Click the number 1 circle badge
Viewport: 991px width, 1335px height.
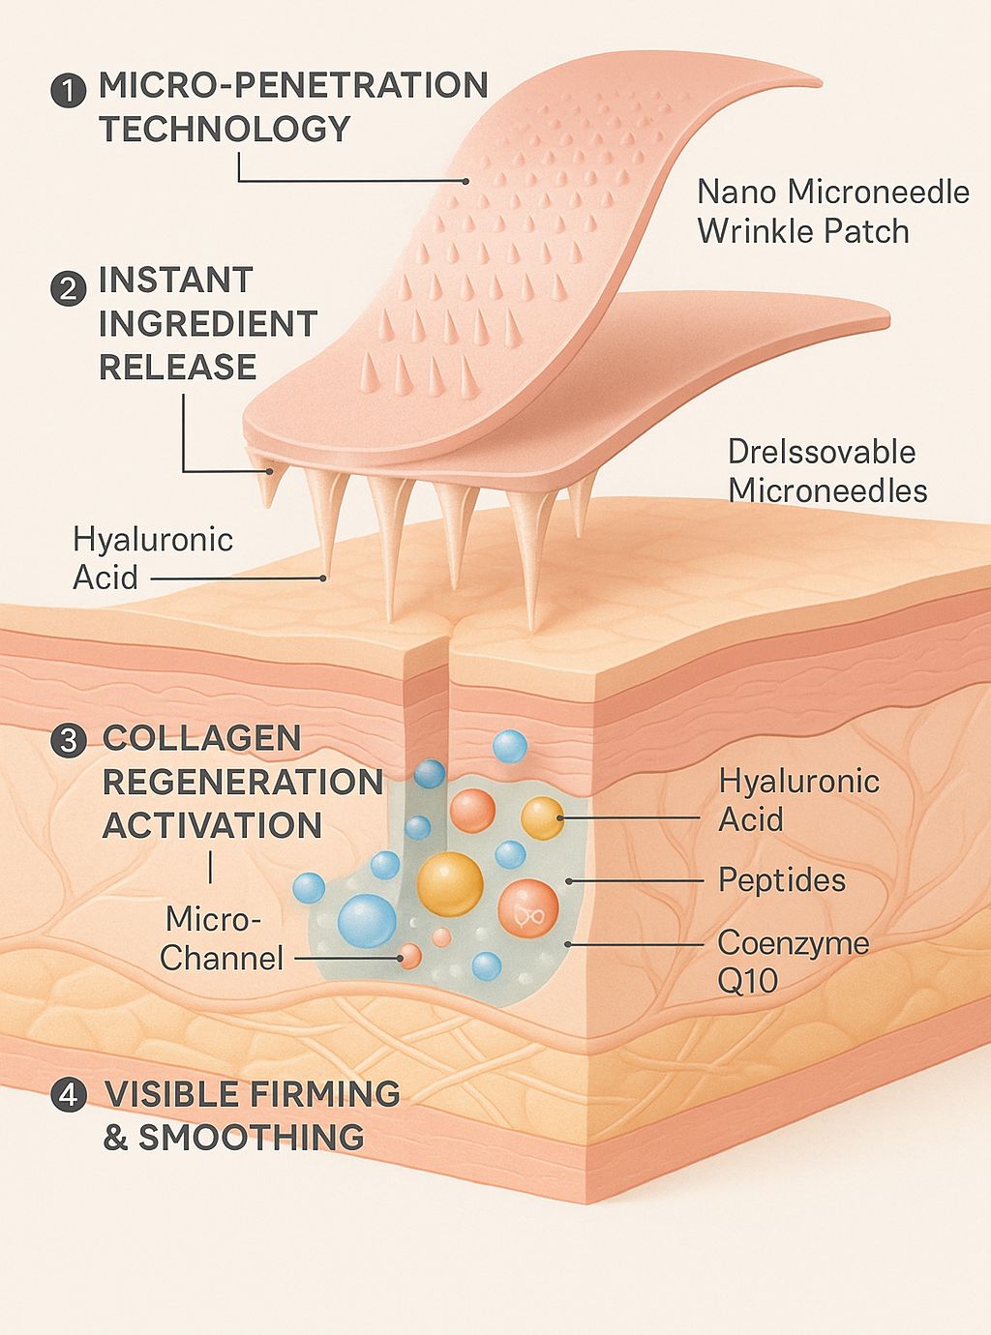68,91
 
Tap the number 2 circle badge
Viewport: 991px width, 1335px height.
68,287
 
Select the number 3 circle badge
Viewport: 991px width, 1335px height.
68,741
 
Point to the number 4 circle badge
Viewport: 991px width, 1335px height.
68,1096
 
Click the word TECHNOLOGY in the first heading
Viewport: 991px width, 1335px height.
225,129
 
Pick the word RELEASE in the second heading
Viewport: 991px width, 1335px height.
178,368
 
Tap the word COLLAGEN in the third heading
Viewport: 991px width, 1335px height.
202,738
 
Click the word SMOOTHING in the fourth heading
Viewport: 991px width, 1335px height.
252,1138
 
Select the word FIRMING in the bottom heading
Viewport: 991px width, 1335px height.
326,1094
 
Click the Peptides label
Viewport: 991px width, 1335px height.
782,880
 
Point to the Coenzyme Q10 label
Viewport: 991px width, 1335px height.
793,962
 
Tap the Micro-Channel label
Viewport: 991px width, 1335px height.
222,938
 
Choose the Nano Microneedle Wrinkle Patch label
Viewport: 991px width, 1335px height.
832,212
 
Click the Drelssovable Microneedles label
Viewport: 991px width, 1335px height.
826,471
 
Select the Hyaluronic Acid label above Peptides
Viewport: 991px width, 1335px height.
798,800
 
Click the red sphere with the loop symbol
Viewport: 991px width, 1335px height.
527,908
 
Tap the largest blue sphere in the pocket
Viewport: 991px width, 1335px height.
367,920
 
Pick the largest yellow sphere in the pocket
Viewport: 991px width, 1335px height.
450,883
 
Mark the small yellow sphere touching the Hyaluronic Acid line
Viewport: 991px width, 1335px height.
542,817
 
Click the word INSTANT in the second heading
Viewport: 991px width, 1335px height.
176,281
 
